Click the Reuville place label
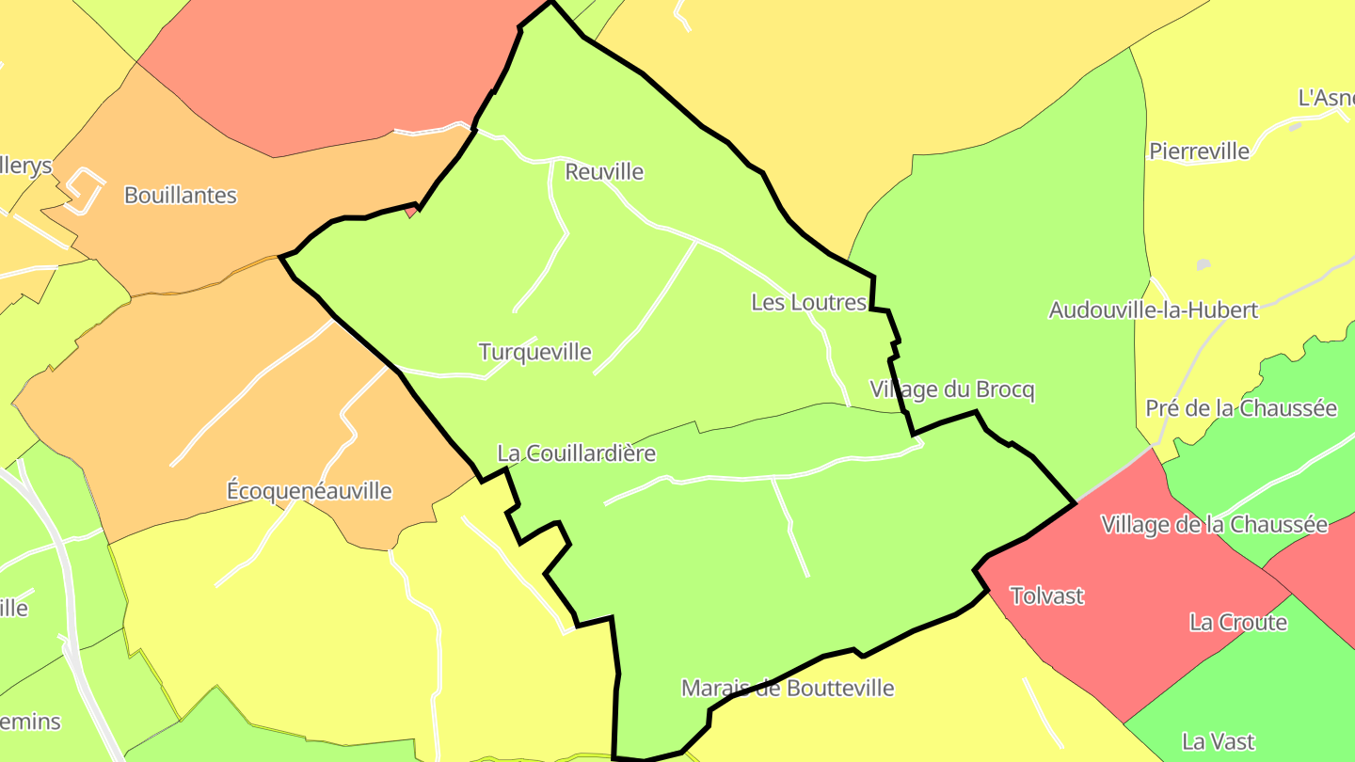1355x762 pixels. (x=604, y=172)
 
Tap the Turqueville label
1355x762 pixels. (x=534, y=352)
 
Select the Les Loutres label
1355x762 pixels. (x=808, y=302)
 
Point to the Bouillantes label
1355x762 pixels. (x=180, y=196)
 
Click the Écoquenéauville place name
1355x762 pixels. (x=310, y=490)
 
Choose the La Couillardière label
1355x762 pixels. (x=576, y=452)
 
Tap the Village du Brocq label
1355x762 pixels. (x=951, y=389)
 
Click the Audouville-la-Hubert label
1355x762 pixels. (x=1153, y=310)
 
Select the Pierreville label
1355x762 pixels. (x=1199, y=151)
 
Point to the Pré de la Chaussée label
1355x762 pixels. (x=1240, y=408)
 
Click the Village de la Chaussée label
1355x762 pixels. (x=1214, y=524)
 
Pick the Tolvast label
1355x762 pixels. (x=1046, y=595)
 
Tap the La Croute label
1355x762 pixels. (x=1237, y=622)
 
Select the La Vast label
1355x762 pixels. (x=1218, y=741)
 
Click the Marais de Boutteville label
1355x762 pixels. (x=787, y=688)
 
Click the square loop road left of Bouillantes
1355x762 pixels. (x=86, y=190)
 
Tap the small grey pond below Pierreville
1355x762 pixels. (x=1203, y=265)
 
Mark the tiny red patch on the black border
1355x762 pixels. (x=411, y=213)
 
